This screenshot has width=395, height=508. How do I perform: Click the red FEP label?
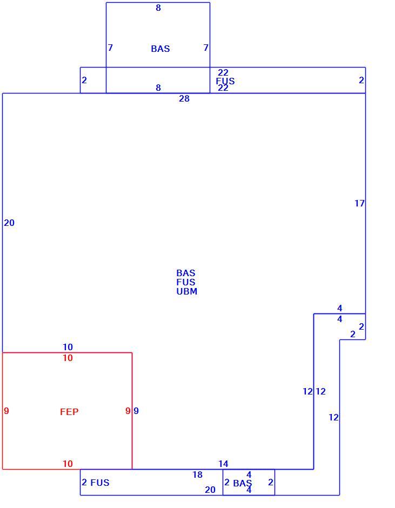pos(69,412)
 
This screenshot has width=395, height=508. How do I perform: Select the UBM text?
pos(186,291)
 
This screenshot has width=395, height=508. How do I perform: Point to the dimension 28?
pos(184,98)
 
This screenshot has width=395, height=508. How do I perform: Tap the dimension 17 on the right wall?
pos(359,203)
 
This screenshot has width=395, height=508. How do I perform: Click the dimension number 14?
pos(223,464)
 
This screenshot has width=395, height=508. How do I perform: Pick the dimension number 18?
pos(197,474)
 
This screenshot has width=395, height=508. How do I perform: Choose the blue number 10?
pos(68,347)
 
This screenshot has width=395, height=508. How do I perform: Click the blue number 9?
pos(136,411)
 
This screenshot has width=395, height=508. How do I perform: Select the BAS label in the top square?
pos(160,49)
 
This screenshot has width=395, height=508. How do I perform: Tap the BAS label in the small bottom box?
pos(243,483)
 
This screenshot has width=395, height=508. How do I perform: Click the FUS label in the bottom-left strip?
pos(100,483)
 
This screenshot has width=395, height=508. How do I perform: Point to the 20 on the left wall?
pos(9,223)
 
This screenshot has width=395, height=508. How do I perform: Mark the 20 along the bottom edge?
pos(210,490)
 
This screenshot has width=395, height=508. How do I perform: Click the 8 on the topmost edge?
pos(158,8)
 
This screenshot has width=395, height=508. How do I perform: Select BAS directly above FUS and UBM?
pos(186,273)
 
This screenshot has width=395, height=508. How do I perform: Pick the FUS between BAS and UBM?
pos(186,282)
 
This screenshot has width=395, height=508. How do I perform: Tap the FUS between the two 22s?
pos(225,81)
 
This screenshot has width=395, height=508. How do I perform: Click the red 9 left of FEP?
pos(6,411)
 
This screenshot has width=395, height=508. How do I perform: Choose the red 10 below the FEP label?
pos(68,464)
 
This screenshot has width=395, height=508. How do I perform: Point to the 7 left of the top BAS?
pos(110,48)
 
